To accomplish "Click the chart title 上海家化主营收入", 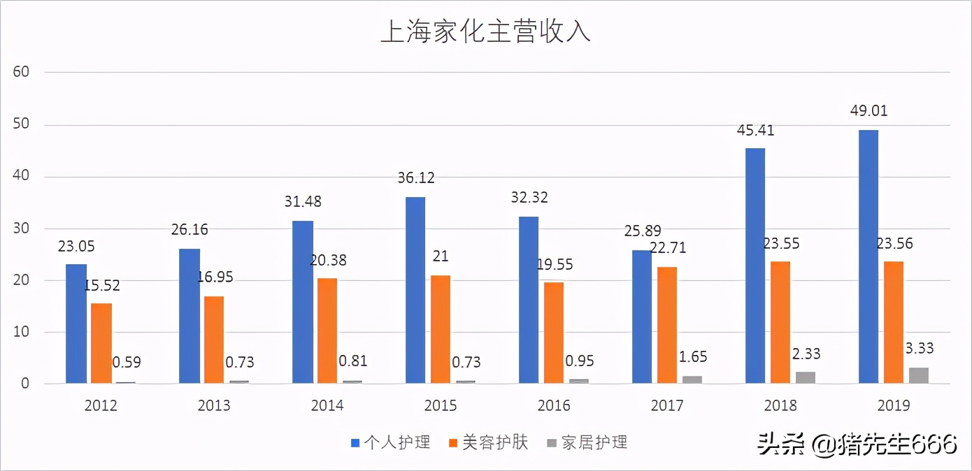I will tap(485, 31).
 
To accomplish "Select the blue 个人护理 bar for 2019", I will tap(869, 256).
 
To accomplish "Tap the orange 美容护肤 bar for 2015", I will tap(441, 329).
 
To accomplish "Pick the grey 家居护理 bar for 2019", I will tap(919, 375).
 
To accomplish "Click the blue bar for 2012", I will tap(76, 324).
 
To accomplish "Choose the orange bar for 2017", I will tap(667, 325).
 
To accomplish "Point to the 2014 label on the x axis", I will tap(327, 406).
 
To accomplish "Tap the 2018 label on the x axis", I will tap(780, 406).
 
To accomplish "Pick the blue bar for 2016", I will tap(529, 300).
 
